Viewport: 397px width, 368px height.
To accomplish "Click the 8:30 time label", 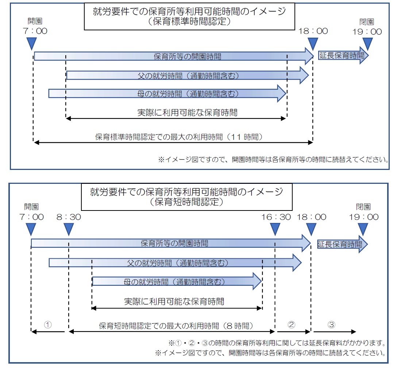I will (69, 217).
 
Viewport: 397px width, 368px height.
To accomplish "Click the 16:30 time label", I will (276, 217).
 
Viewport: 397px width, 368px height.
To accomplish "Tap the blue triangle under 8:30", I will (69, 230).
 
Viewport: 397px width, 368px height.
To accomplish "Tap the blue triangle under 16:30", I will (276, 230).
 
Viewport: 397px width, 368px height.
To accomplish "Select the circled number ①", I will (48, 324).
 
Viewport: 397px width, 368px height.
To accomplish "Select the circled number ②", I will (291, 324).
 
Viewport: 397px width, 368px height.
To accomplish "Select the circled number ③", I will (331, 324).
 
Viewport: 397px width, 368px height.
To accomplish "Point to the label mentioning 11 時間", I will (179, 137).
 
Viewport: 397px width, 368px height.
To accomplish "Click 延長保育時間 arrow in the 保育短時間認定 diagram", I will (342, 244).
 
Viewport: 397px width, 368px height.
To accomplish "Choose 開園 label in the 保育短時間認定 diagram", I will (31, 207).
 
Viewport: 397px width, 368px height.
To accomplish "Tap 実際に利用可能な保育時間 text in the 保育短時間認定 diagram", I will (174, 301).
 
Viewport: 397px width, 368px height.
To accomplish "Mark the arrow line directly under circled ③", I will (333, 332).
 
